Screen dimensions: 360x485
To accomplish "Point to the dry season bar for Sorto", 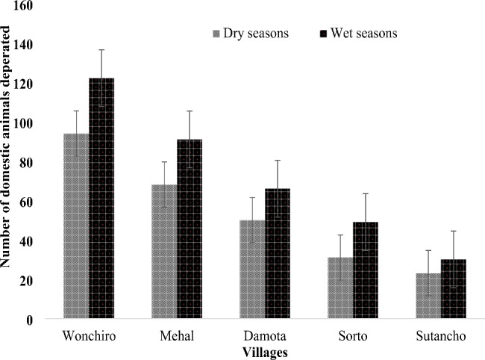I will tap(340, 288).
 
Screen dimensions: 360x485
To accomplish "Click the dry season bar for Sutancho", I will tap(428, 296).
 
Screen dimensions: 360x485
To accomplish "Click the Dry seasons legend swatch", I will tap(217, 34).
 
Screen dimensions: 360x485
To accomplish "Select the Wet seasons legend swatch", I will tap(324, 34).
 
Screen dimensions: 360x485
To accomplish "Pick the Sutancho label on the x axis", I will tap(441, 337).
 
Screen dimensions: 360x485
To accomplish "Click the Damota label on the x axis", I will tap(265, 337).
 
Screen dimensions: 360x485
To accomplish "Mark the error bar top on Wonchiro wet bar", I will tap(101, 49).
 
